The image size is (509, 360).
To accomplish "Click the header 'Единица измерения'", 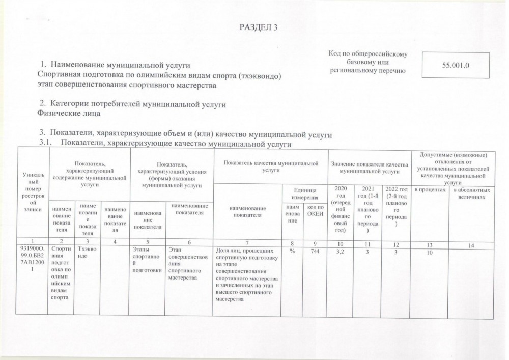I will coord(304,193).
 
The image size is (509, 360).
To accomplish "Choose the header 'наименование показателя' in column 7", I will coord(247,212).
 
